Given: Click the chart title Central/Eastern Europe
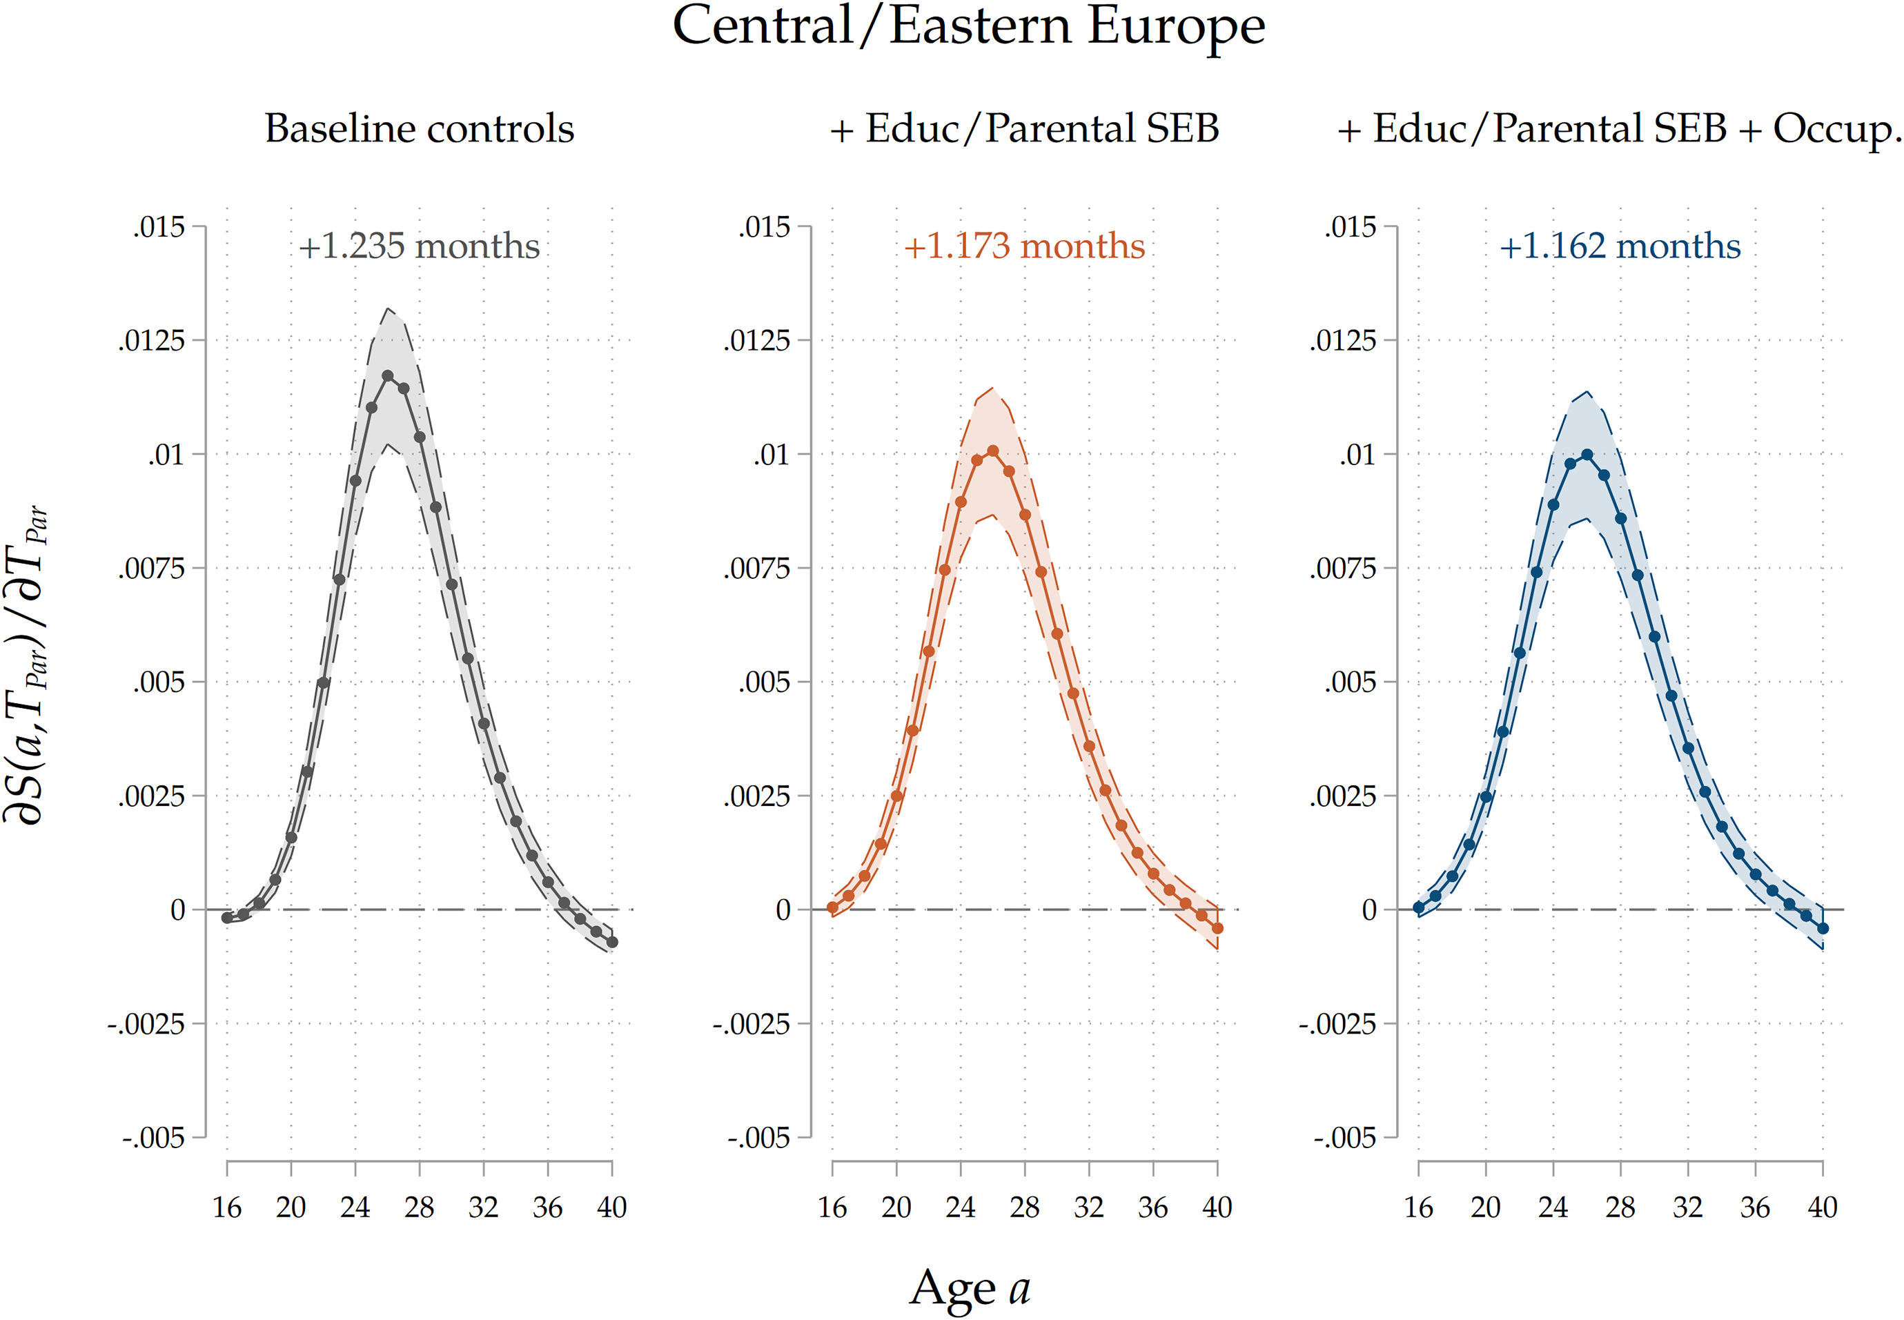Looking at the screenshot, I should coord(968,26).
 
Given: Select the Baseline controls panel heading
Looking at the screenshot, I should coord(420,129).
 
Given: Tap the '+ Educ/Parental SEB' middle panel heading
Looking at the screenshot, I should coord(1024,129).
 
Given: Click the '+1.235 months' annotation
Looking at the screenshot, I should coord(420,246).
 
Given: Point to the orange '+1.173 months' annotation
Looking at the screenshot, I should coord(1024,246).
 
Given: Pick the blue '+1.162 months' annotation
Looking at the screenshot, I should coord(1620,246).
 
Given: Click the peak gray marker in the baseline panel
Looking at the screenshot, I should coord(387,375).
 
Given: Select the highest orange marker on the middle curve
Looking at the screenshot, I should coord(992,451).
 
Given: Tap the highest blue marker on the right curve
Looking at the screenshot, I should coord(1587,455).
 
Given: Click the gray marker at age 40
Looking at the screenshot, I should coord(612,942).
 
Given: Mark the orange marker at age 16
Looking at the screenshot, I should coord(832,907).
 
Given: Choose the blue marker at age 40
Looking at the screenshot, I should coord(1822,929).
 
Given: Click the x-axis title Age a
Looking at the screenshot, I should coord(970,1288).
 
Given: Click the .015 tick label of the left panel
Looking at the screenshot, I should coord(159,226).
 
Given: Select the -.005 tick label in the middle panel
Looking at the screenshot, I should coord(758,1138).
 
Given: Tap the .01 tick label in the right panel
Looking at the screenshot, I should coord(1357,454).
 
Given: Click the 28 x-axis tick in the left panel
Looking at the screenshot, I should coord(420,1208).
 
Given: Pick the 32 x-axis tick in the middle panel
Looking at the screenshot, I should coord(1088,1208).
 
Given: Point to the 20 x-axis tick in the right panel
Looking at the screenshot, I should coord(1486,1208).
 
